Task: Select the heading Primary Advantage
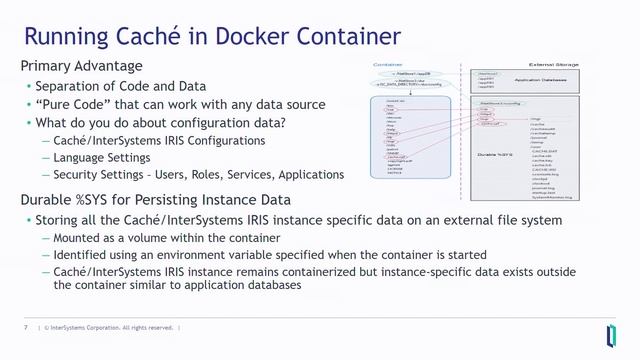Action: (81, 66)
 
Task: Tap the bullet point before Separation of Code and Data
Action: (28, 87)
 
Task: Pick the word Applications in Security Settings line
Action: (306, 175)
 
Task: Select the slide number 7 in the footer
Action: (25, 328)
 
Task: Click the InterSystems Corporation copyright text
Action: (109, 328)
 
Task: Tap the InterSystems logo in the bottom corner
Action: (611, 333)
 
